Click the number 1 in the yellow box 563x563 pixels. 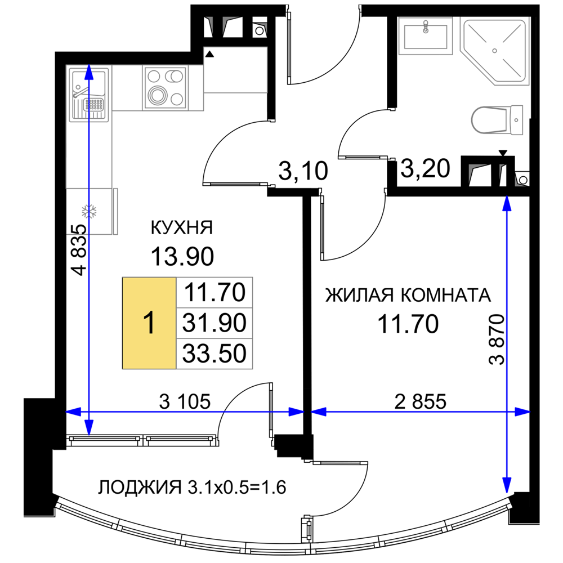(149, 324)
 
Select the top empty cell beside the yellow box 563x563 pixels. (215, 292)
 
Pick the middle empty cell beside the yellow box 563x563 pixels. (215, 323)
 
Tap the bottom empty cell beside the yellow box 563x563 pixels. (215, 354)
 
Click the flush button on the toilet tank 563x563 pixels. (516, 120)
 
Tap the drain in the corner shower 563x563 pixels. (494, 51)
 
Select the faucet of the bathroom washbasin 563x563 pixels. (426, 26)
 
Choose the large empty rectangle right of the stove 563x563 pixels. (235, 70)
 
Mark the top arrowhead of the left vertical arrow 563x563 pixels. (88, 70)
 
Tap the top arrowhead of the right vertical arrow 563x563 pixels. (507, 203)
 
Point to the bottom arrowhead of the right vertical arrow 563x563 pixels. (507, 488)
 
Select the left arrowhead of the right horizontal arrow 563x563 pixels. (318, 412)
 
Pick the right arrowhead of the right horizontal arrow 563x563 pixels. (524, 412)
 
